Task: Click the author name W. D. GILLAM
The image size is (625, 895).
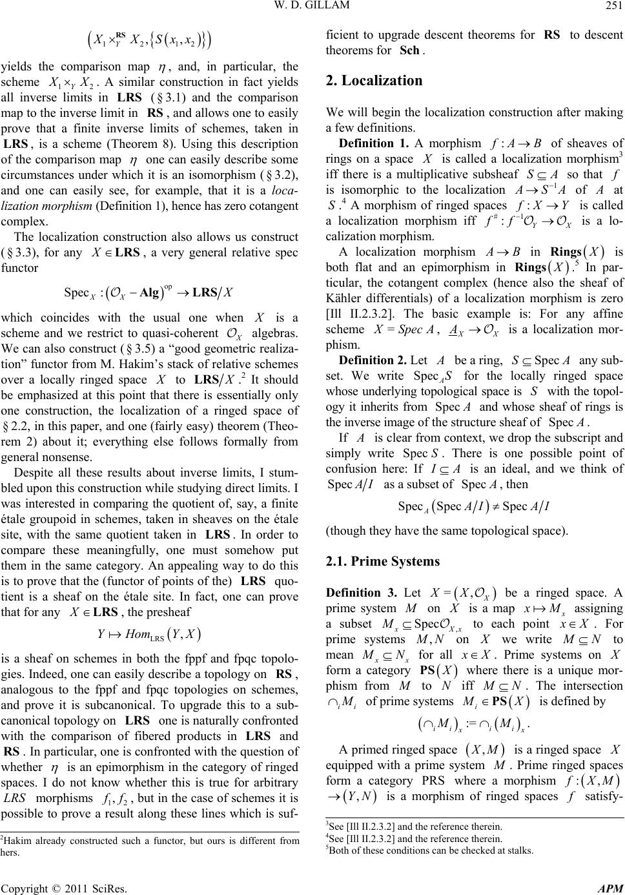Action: click(312, 8)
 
